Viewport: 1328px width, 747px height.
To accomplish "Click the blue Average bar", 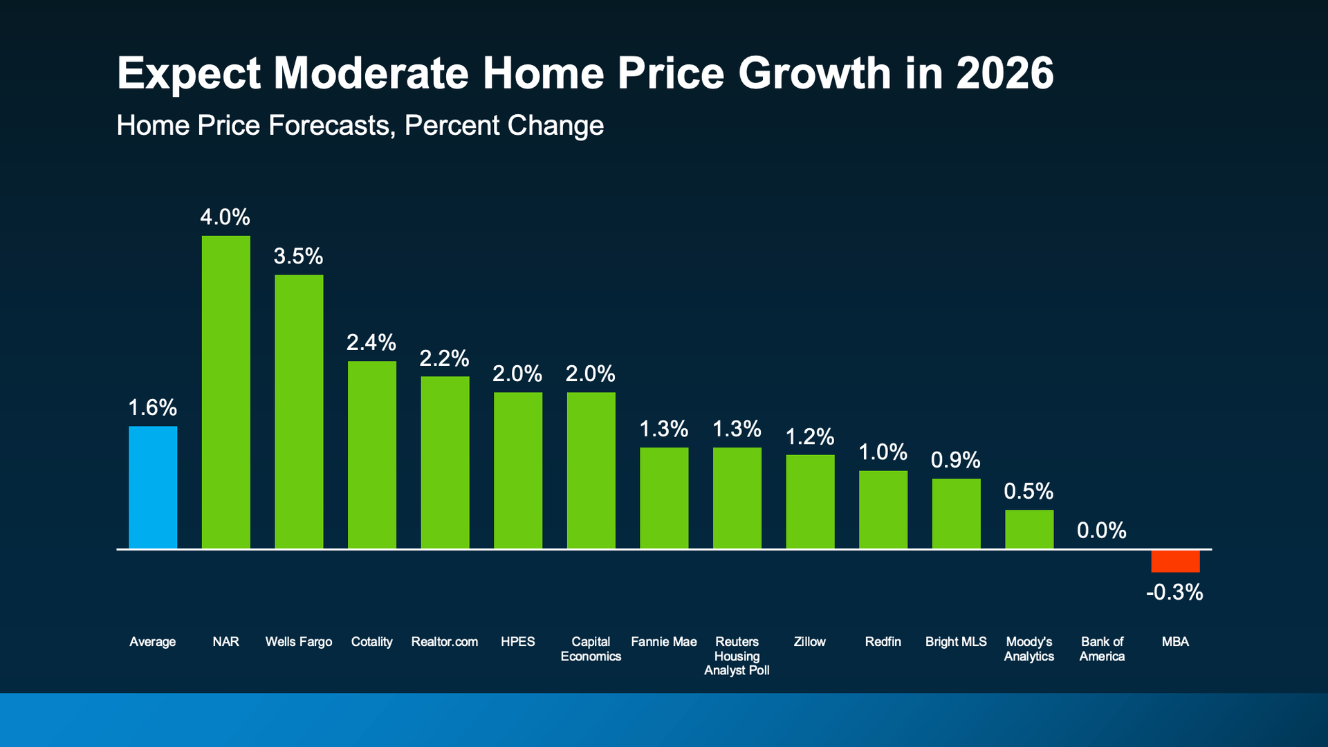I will pos(153,488).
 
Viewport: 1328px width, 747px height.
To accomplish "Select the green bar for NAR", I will pos(225,392).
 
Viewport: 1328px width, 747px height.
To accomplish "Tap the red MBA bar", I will pos(1175,561).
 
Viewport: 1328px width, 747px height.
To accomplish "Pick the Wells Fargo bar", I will pos(299,412).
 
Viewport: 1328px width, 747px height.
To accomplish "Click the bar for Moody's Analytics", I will pos(1029,529).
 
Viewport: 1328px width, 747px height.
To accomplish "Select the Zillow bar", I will pos(810,501).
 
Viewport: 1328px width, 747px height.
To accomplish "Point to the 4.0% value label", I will pos(225,217).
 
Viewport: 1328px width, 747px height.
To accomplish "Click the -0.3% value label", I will pos(1174,592).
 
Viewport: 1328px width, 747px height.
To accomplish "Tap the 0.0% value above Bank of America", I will pos(1101,531).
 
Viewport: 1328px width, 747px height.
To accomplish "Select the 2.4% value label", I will pos(371,342).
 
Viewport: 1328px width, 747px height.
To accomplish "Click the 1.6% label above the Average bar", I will pos(153,407).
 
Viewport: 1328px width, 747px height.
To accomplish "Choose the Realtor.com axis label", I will pos(444,642).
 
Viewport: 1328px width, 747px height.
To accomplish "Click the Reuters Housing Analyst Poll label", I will pos(737,656).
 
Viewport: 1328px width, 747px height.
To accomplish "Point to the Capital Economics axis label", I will pos(591,649).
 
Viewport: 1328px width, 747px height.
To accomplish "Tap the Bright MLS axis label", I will pos(956,642).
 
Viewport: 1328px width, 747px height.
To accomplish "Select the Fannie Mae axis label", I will pos(664,642).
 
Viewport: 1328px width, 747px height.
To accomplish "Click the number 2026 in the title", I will pos(1005,73).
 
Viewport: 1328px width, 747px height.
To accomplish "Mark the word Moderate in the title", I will pos(371,73).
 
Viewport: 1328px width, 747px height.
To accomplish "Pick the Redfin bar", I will pos(883,510).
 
